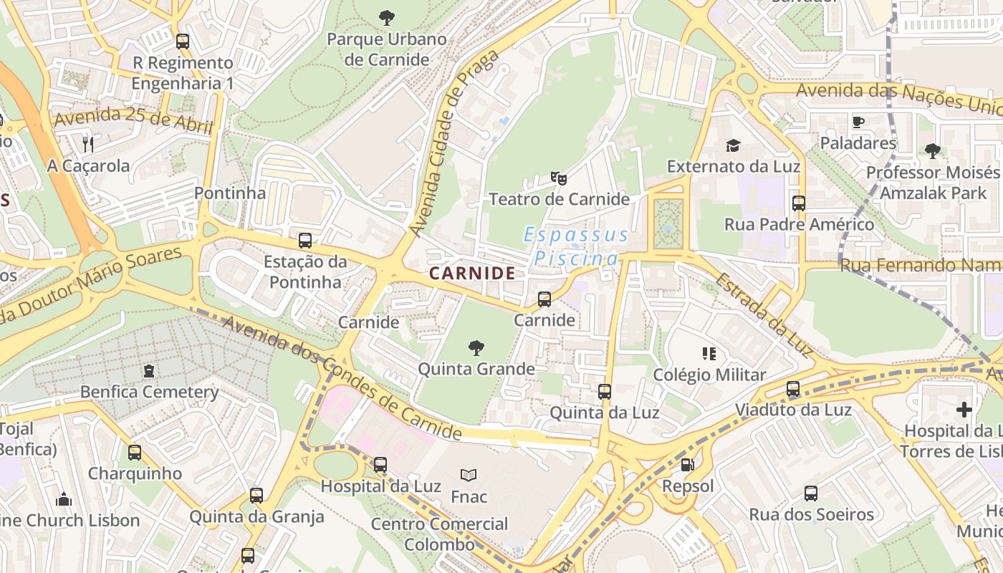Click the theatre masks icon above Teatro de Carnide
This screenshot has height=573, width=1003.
pos(558,178)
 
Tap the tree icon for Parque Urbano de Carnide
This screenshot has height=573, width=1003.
pos(386,17)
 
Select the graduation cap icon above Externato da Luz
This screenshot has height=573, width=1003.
pos(733,146)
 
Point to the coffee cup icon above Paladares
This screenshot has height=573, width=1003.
pos(858,122)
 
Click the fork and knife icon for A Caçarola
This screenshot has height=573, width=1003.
pos(88,145)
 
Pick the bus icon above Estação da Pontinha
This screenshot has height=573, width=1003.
pos(305,241)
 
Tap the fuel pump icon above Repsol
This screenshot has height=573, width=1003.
pos(687,465)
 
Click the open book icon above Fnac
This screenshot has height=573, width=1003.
pos(469,475)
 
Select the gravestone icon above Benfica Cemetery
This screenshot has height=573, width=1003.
pos(149,371)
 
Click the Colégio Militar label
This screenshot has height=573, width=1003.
pos(709,375)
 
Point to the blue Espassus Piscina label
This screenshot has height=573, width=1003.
pos(576,246)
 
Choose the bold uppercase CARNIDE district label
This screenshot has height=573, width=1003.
pos(472,273)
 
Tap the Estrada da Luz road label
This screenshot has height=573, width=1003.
pos(764,315)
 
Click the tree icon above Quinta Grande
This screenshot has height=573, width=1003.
pos(476,349)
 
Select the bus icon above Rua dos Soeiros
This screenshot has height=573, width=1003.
pos(811,493)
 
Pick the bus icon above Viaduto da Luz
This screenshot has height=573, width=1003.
pos(793,390)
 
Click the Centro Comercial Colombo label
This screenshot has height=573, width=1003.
pos(439,534)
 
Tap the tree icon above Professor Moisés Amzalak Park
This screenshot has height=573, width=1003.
pos(932,151)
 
